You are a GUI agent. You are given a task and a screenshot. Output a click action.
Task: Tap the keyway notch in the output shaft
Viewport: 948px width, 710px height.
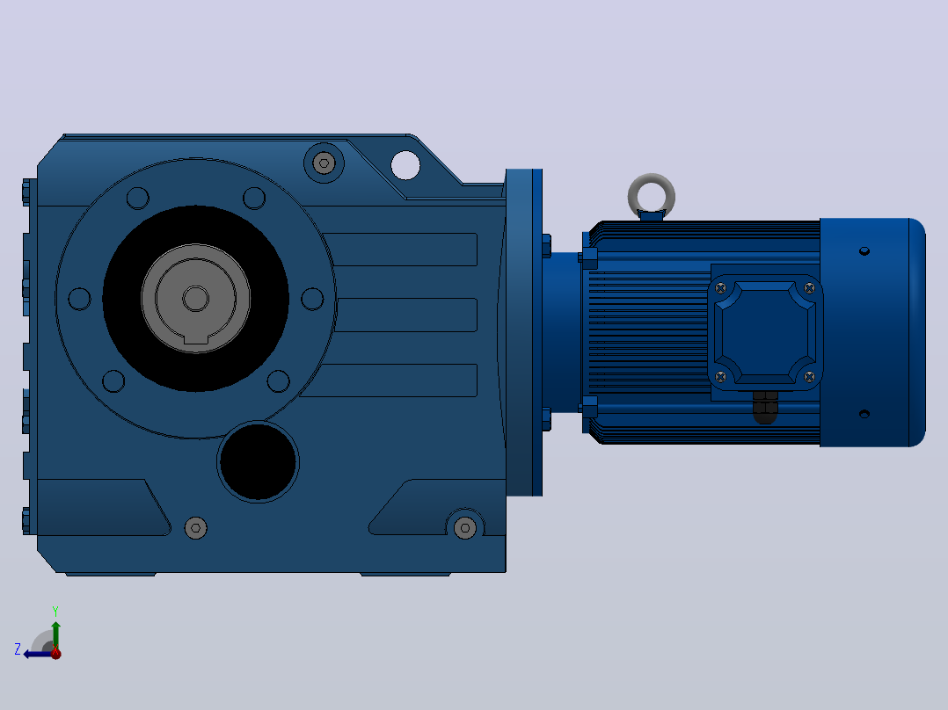(196, 339)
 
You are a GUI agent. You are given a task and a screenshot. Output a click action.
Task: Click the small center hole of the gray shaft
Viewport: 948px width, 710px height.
(196, 299)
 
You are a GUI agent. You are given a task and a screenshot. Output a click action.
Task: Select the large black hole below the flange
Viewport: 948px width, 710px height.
(259, 461)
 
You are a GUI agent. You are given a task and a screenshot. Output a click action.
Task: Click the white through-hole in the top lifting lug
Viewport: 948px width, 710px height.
(405, 165)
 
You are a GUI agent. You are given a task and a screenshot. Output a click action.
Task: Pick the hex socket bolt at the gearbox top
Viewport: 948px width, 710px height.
(324, 163)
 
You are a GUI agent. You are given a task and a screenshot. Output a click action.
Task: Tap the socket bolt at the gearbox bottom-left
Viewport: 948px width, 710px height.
(196, 528)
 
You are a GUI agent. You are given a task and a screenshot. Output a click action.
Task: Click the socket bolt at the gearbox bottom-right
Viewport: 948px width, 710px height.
(465, 528)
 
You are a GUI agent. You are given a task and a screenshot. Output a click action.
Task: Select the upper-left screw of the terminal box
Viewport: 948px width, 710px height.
(721, 289)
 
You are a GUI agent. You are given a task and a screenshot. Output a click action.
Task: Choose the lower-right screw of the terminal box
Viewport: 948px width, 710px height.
(810, 377)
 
